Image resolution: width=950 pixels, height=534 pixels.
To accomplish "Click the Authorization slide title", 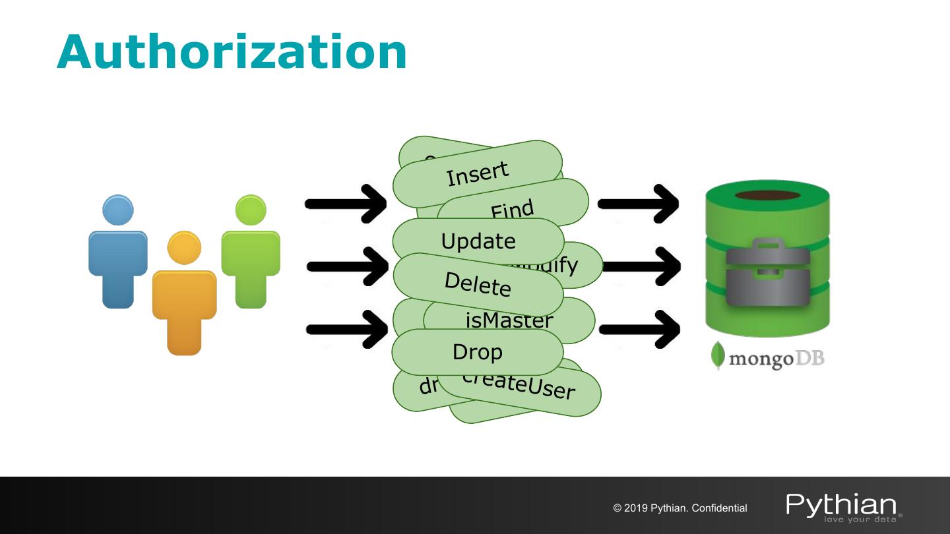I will tap(232, 52).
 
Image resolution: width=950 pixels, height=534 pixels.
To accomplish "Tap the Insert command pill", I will tap(478, 174).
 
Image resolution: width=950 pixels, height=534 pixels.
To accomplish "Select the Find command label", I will tap(512, 210).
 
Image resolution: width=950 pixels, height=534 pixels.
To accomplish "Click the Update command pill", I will tap(478, 241).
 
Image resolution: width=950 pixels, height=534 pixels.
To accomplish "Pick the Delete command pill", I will tap(478, 285).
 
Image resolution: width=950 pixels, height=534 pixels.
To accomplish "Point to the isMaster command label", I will tap(509, 321).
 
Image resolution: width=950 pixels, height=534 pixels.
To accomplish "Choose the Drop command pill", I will tap(477, 352).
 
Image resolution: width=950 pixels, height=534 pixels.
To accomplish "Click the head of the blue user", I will tap(118, 210).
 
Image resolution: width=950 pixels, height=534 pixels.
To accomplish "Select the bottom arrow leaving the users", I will tap(346, 328).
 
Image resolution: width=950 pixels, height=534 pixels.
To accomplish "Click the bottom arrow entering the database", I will tap(639, 328).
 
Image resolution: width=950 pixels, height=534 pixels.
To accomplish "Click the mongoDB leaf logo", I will tap(718, 357).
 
